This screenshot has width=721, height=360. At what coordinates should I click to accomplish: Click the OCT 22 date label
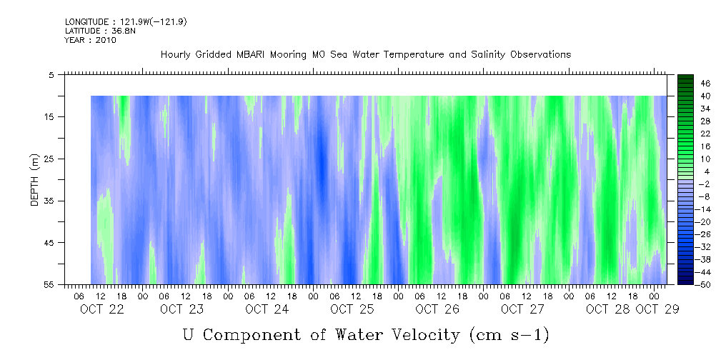[102, 309]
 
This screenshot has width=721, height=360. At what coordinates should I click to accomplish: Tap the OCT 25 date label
[352, 309]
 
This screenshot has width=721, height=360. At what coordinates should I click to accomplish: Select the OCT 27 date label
[522, 309]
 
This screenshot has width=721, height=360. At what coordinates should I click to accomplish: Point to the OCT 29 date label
[657, 309]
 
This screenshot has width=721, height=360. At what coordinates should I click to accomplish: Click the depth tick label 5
[51, 74]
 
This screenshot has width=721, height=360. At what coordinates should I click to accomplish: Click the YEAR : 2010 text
[90, 40]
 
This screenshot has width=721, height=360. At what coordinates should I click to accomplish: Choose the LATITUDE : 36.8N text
[95, 31]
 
